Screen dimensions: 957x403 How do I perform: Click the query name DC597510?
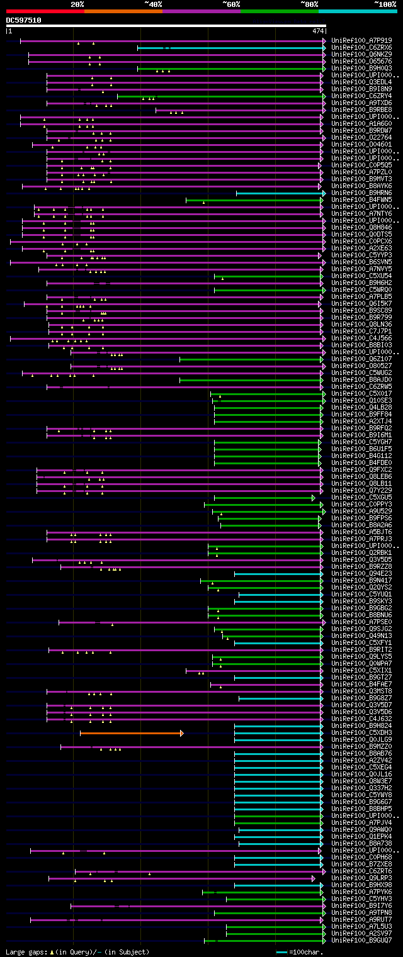(23, 20)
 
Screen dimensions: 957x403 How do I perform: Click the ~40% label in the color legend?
(153, 4)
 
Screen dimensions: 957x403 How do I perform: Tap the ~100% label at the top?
(385, 4)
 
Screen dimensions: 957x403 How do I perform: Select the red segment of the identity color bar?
(45, 11)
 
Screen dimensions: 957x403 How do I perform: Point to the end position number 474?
(317, 31)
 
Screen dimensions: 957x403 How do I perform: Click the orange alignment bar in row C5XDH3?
(131, 733)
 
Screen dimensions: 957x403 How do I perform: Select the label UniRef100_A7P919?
(361, 40)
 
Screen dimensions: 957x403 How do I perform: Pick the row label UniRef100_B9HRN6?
(361, 193)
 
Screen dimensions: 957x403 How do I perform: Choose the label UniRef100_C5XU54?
(361, 276)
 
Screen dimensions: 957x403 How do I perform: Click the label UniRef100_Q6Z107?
(361, 359)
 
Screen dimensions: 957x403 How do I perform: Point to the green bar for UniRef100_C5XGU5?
(264, 498)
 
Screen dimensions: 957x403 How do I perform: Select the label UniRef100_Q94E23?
(361, 574)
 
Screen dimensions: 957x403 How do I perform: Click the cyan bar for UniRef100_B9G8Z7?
(280, 698)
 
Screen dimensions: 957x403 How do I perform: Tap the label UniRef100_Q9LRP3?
(361, 878)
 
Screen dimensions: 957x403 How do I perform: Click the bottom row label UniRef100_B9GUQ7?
(361, 941)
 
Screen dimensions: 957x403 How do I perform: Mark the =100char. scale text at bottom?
(305, 952)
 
